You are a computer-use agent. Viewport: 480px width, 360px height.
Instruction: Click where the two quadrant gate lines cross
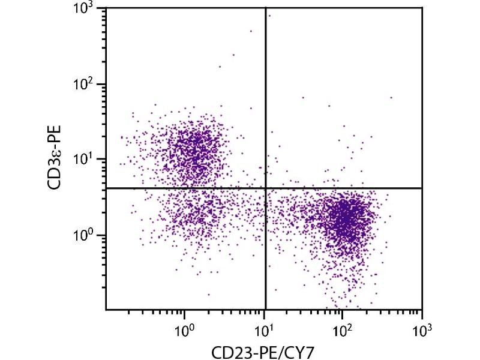(265, 188)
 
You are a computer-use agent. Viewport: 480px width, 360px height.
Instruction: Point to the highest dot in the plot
(269, 16)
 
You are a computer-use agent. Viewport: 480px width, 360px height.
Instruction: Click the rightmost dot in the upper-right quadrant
(391, 97)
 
